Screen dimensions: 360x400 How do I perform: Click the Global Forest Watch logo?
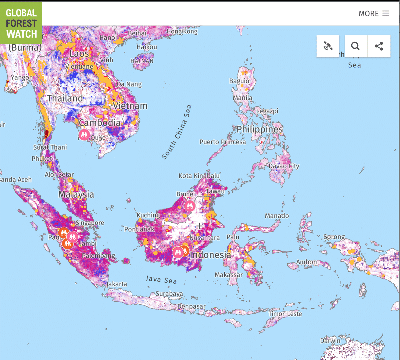(x=21, y=23)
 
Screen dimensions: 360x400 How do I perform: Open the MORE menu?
(x=374, y=13)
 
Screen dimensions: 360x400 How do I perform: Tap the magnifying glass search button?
(x=356, y=46)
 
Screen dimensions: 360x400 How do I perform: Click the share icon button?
(x=379, y=46)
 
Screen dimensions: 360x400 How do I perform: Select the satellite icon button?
(x=328, y=46)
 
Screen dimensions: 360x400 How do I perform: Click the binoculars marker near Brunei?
(x=190, y=206)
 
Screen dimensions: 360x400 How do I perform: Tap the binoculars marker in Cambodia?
(x=84, y=135)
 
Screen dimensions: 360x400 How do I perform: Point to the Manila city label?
(x=242, y=98)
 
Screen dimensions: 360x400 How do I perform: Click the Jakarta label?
(x=116, y=284)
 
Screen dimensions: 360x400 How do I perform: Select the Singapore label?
(x=90, y=223)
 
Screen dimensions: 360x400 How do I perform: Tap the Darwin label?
(x=330, y=341)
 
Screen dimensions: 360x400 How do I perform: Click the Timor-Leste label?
(x=285, y=314)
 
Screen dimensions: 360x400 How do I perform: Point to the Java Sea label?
(x=161, y=279)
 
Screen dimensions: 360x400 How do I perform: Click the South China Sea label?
(x=177, y=132)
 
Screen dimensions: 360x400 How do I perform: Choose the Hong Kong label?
(x=182, y=31)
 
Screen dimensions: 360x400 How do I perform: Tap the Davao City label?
(x=284, y=166)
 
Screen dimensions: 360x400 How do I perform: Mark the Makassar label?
(x=228, y=275)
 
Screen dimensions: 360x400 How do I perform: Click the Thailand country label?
(x=65, y=98)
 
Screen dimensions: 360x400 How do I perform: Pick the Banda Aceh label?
(x=15, y=179)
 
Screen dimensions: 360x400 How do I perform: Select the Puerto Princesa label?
(x=222, y=142)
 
